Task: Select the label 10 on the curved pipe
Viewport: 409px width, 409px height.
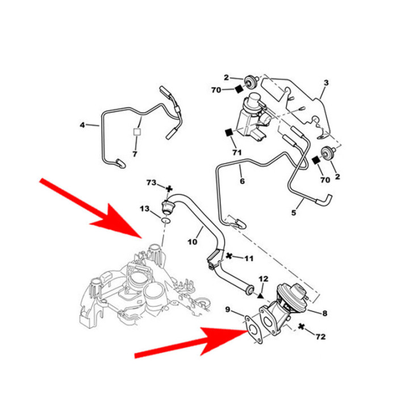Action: point(191,243)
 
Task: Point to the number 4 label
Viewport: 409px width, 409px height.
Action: point(83,125)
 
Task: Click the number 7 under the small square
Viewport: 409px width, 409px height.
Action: point(135,154)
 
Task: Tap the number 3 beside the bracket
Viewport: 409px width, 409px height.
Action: point(325,83)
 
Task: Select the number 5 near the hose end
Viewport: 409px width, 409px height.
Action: point(294,213)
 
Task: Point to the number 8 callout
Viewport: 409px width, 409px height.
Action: point(324,312)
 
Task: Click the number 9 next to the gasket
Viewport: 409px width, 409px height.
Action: point(227,310)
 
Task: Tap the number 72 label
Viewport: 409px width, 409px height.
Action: point(320,337)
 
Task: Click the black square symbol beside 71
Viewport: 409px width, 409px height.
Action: point(229,133)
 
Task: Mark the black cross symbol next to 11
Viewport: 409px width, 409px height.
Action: point(229,257)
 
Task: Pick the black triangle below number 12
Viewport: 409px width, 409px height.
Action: point(260,296)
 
